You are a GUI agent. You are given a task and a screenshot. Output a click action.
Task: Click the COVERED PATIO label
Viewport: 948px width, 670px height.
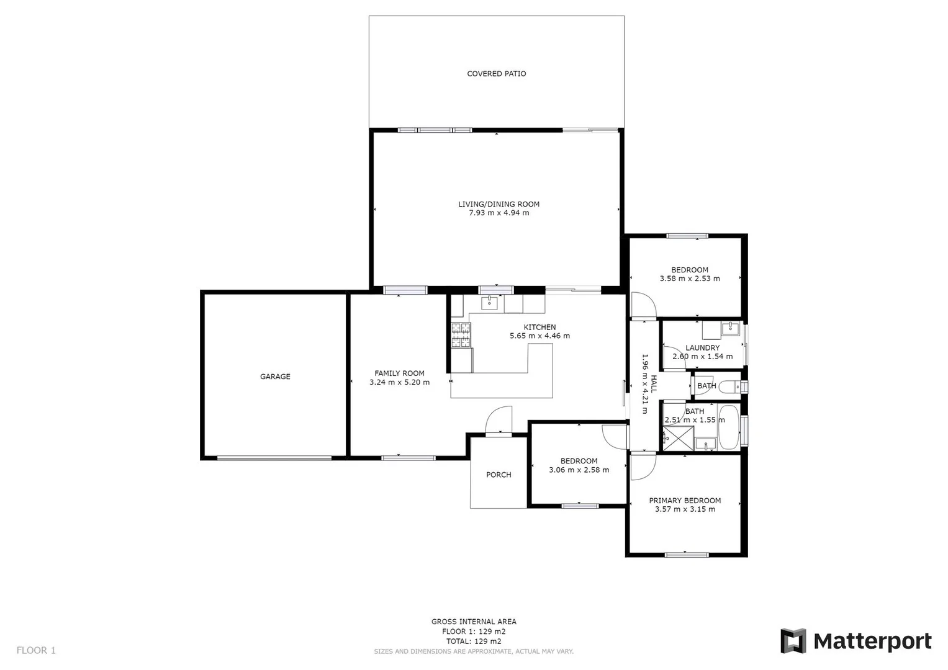tap(496, 74)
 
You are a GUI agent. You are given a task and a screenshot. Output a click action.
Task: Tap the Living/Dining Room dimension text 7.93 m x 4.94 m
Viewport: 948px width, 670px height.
tap(499, 213)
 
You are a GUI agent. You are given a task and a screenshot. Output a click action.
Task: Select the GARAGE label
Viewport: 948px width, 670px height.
tap(275, 377)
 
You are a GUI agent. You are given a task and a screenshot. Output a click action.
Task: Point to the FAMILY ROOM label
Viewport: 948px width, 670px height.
tap(399, 373)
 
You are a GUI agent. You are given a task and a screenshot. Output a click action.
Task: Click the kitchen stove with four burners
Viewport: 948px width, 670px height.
tap(461, 335)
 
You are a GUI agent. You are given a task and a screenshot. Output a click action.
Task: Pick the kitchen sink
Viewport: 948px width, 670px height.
tap(490, 303)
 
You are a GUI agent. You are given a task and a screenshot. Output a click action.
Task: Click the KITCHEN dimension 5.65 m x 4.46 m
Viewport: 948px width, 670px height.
tap(539, 336)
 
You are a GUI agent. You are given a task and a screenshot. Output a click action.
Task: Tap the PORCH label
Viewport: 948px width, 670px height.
tap(499, 475)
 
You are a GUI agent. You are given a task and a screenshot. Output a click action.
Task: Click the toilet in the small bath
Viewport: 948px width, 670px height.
tap(732, 386)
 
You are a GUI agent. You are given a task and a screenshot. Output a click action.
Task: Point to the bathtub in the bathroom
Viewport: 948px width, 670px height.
tap(728, 427)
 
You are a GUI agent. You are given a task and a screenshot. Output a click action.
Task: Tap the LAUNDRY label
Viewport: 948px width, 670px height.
tap(702, 348)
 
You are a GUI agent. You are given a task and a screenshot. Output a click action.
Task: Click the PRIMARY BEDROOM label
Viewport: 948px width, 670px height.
tap(685, 501)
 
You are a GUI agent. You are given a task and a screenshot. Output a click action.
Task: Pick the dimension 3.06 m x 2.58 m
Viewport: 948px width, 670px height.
tap(579, 470)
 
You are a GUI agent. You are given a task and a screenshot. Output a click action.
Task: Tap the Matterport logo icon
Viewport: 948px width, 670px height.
tap(793, 641)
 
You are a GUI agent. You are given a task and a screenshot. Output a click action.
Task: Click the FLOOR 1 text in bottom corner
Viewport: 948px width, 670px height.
tap(36, 650)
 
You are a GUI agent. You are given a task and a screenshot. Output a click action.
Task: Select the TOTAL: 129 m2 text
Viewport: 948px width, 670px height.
tap(473, 641)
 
